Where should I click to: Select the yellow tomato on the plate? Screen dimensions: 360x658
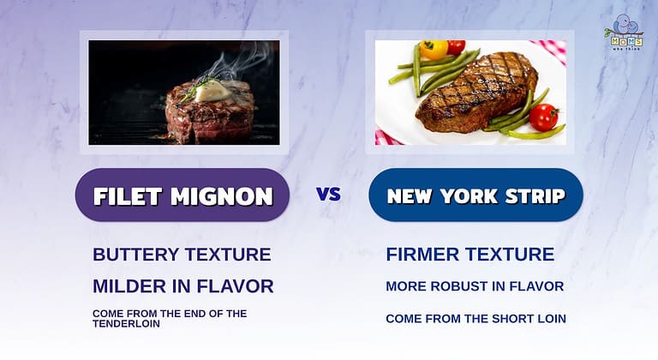click(434, 50)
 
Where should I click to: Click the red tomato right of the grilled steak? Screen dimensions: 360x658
click(543, 117)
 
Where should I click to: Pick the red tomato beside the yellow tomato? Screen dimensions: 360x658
click(456, 47)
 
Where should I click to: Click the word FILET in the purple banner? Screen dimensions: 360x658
click(125, 195)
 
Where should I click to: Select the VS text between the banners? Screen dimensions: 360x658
click(329, 194)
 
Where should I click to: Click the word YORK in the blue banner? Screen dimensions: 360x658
click(470, 195)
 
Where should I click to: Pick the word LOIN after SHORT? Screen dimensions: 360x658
click(548, 319)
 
